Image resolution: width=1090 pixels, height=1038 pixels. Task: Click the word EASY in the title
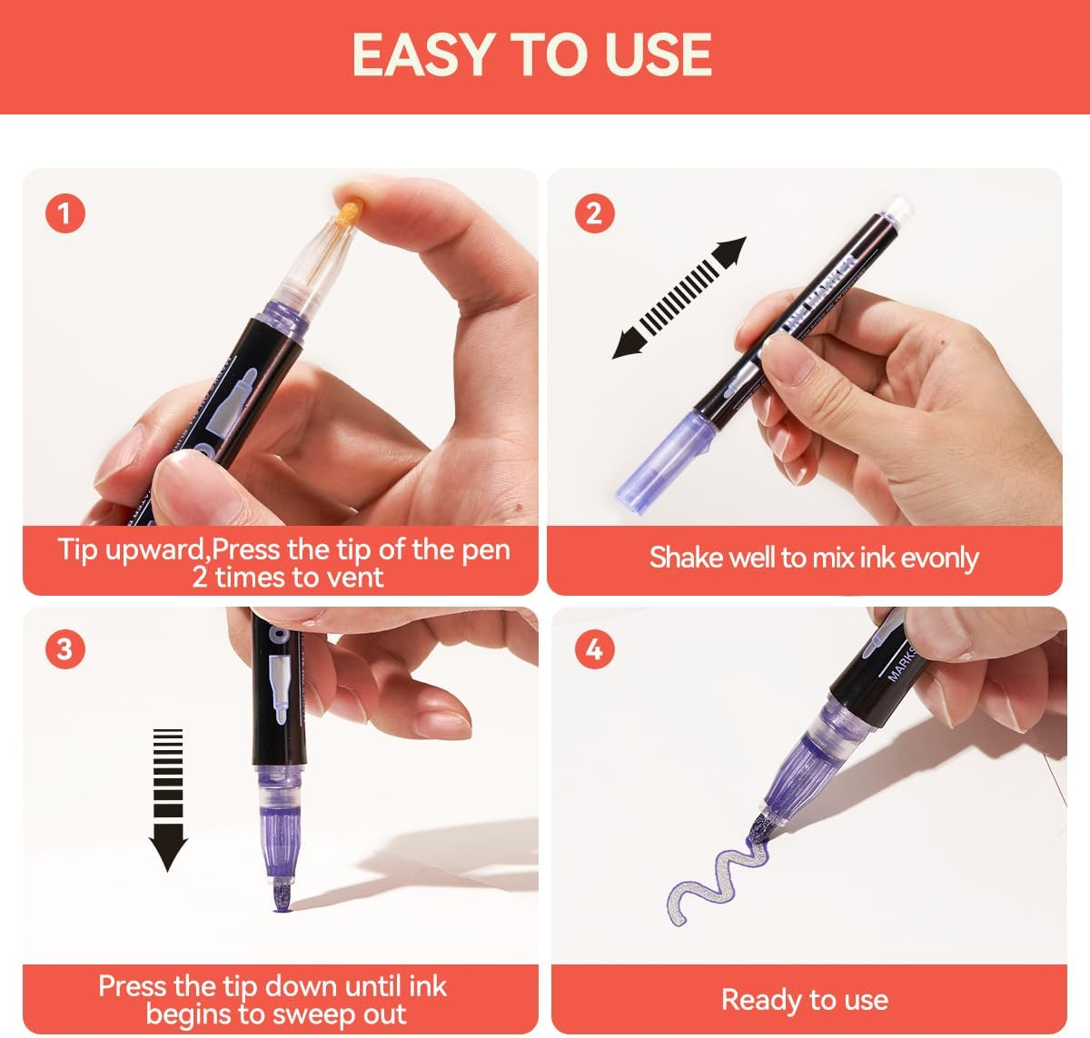pos(422,54)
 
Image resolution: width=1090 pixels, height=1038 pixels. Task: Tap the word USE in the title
pos(658,54)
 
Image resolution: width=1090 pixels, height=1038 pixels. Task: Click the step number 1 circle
pos(65,213)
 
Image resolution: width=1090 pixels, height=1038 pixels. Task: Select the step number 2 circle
pos(594,213)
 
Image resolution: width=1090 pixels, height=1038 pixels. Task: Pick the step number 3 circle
pos(65,648)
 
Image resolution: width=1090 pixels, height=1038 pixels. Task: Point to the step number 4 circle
pos(594,648)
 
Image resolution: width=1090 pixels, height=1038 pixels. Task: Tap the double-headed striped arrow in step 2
pos(679,298)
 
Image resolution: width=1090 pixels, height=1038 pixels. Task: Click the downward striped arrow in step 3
pos(168,799)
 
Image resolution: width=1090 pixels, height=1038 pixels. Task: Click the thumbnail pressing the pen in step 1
pos(183,482)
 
